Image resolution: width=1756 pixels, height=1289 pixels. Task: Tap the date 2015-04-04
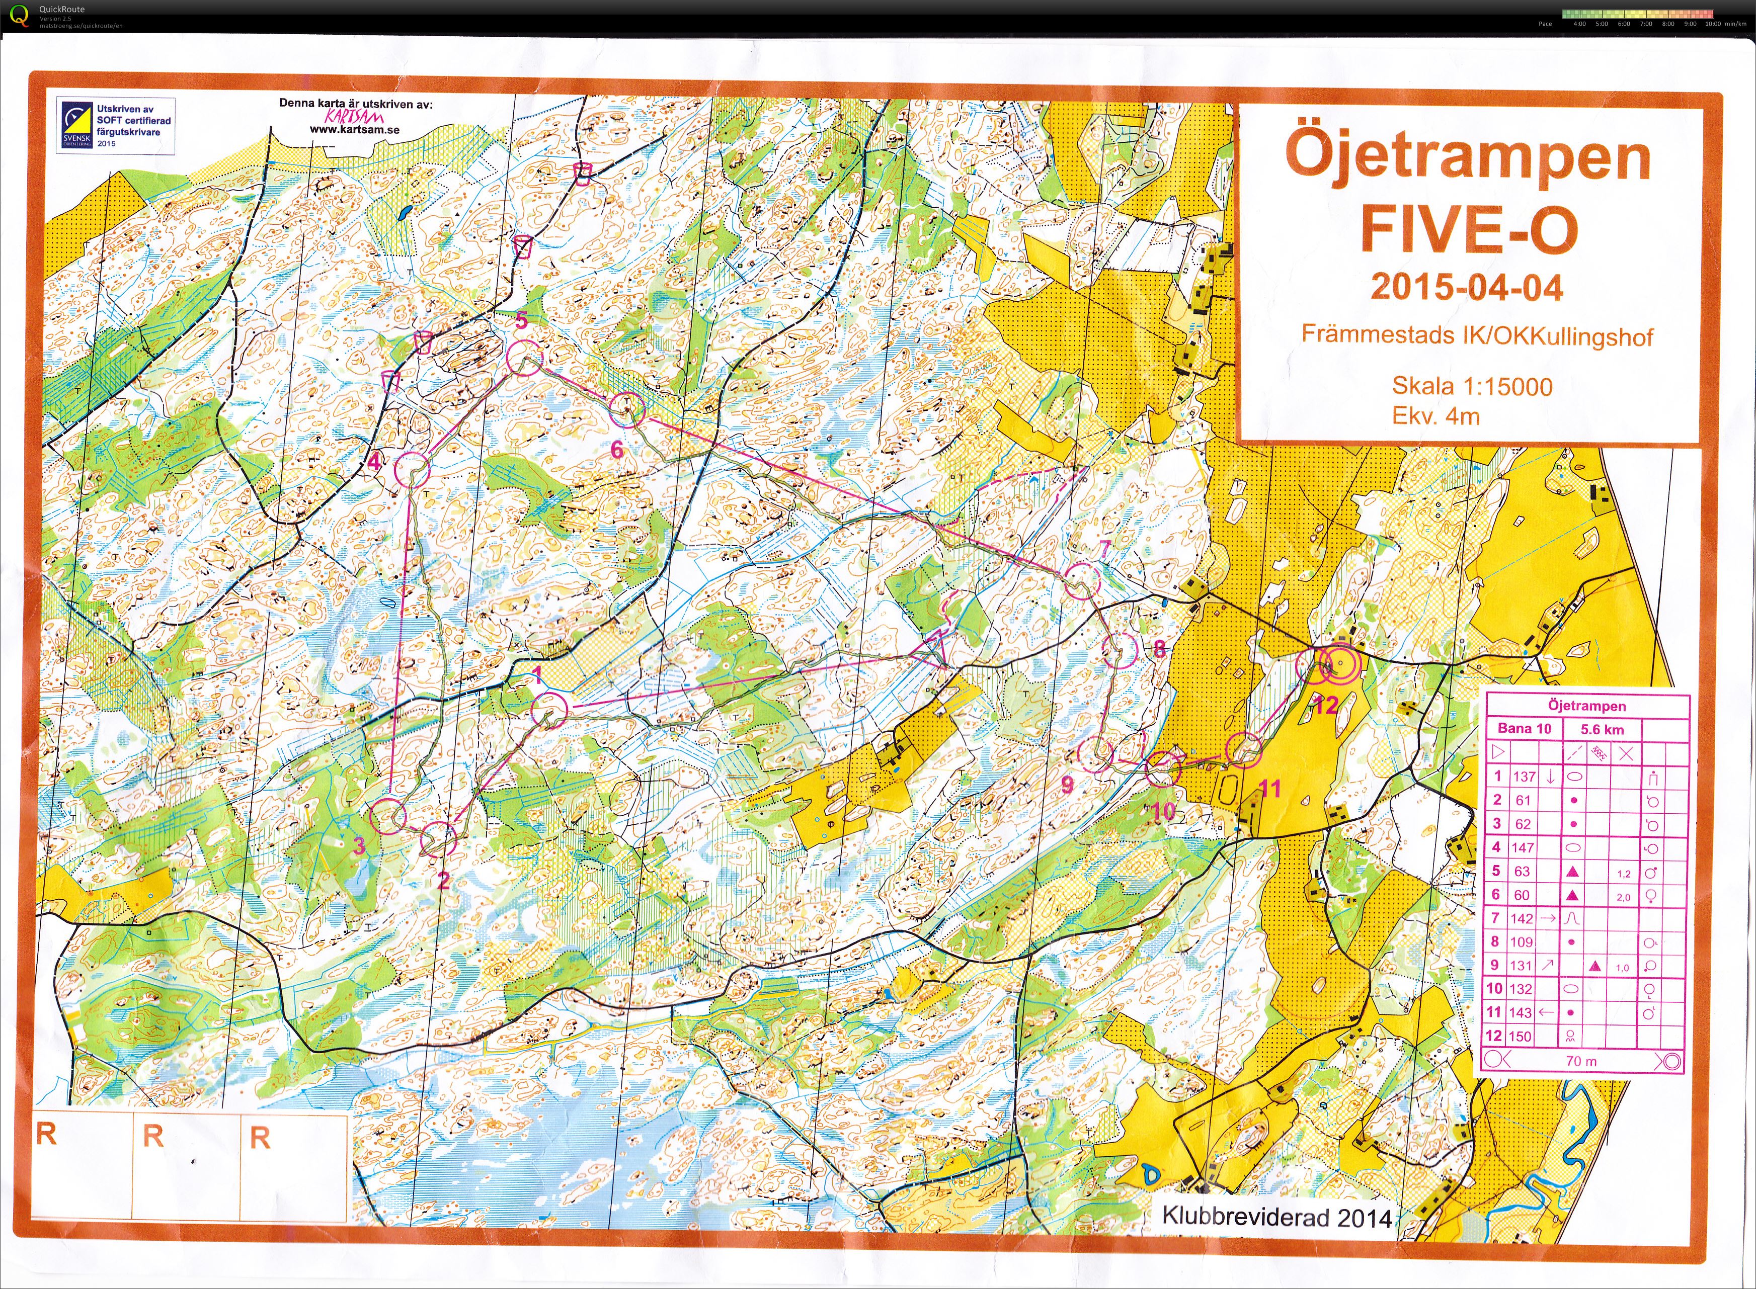1467,287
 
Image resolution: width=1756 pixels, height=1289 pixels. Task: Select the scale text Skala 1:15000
1472,386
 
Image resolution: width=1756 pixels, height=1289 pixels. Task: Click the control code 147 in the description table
1522,847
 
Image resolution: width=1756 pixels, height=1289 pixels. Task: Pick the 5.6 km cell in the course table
1602,730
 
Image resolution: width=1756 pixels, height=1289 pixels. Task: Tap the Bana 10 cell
1524,729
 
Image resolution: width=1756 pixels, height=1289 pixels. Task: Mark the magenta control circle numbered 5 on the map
524,358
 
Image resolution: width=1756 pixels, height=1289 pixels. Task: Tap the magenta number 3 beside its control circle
358,845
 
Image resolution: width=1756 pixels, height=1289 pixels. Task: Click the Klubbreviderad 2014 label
1276,1216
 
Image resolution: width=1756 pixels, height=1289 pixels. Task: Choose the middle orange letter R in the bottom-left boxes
153,1136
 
